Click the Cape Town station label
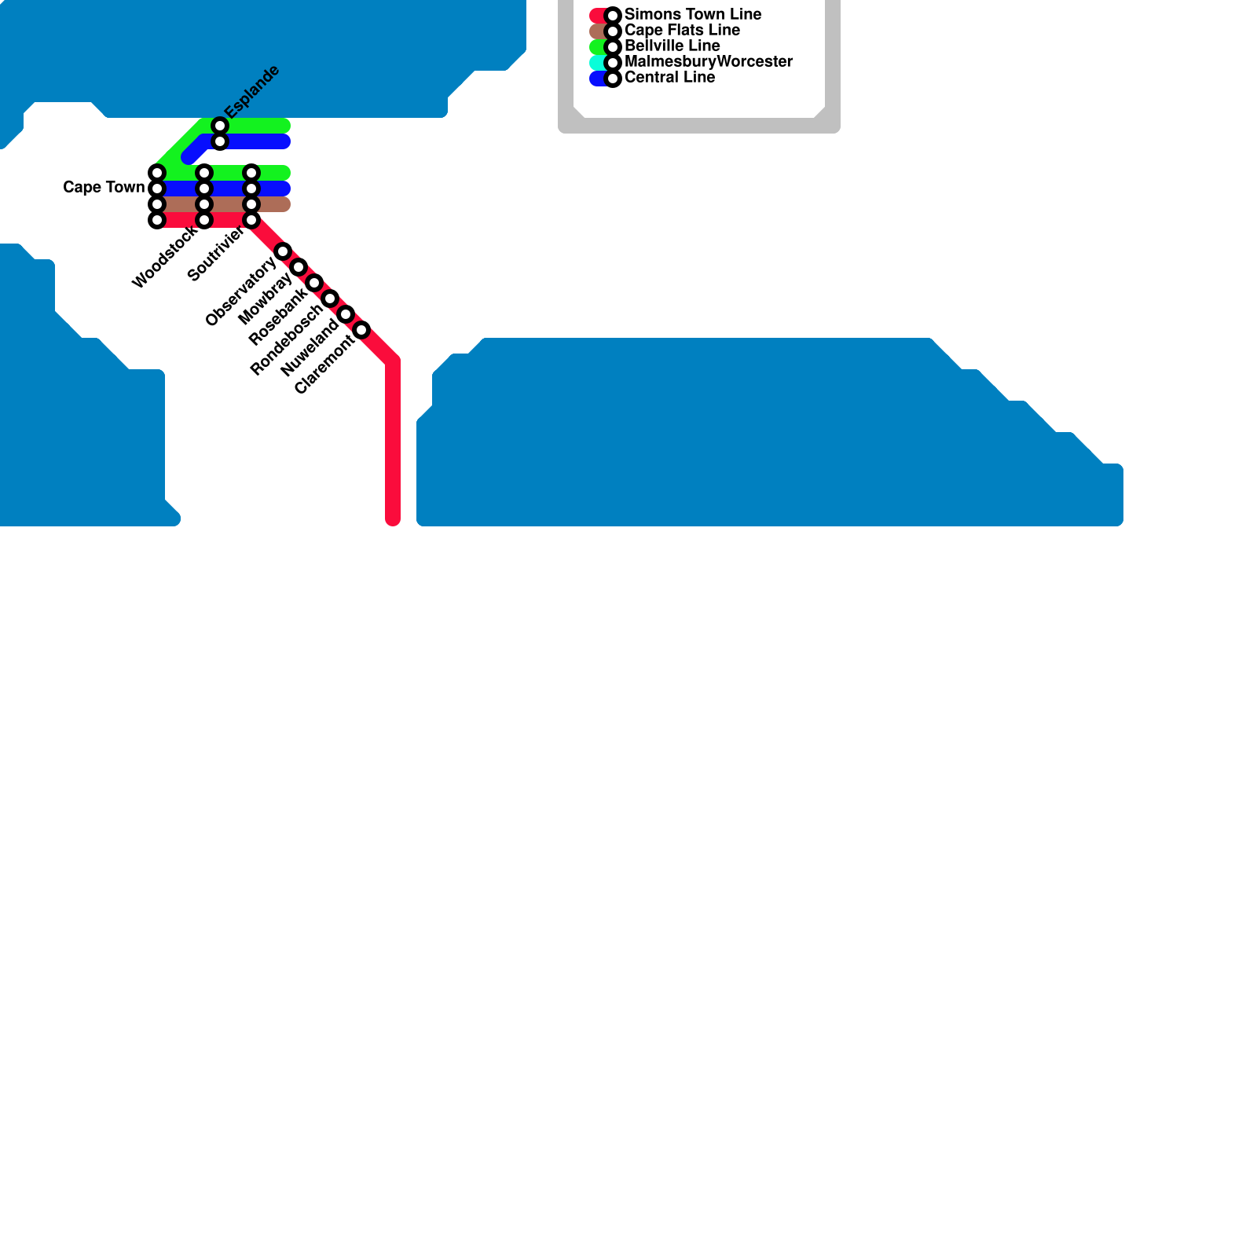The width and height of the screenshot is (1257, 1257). (x=104, y=188)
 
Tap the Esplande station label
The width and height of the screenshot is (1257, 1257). (x=252, y=91)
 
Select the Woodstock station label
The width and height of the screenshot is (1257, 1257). (x=165, y=257)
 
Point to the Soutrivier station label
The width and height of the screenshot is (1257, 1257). (x=216, y=253)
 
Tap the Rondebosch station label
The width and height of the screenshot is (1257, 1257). (x=286, y=340)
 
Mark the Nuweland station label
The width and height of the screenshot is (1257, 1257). (x=310, y=347)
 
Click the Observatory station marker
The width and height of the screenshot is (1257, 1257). (x=283, y=251)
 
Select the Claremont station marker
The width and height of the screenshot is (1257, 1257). (x=361, y=330)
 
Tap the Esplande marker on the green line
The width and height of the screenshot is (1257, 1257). (x=220, y=126)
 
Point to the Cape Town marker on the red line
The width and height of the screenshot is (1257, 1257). (x=157, y=220)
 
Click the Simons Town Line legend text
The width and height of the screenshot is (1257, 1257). (x=693, y=15)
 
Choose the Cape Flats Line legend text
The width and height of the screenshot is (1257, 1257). (x=682, y=31)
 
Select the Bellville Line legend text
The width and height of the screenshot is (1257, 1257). (x=672, y=46)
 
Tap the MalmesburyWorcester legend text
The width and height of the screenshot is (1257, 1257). (x=709, y=62)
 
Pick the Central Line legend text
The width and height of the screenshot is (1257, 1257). (x=669, y=78)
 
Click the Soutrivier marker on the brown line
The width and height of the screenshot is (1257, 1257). (x=251, y=204)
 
